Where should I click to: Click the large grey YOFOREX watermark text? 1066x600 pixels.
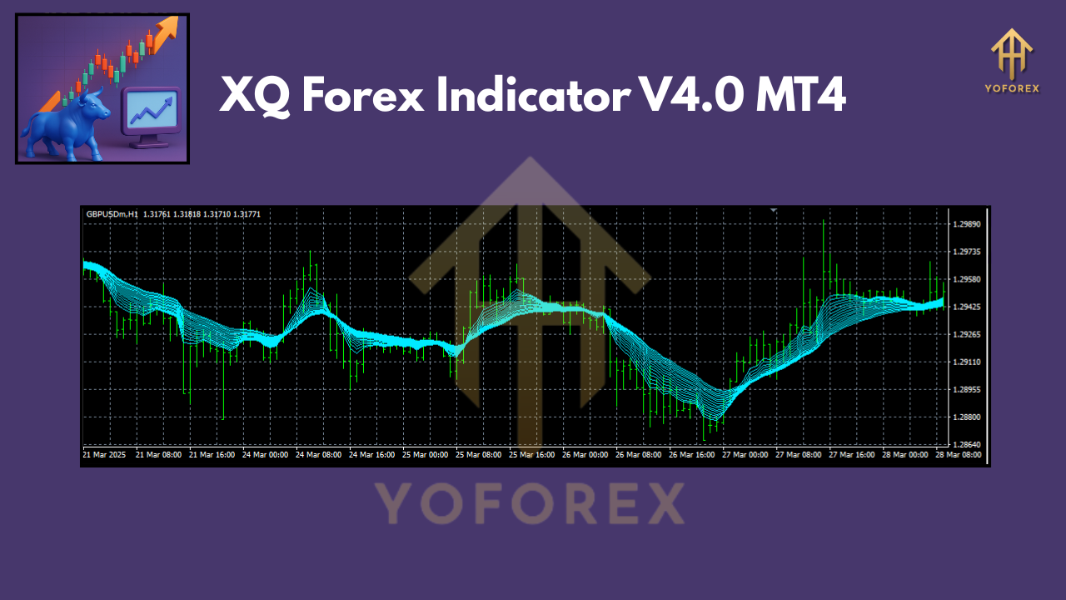[529, 503]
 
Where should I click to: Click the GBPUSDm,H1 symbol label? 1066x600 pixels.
[112, 214]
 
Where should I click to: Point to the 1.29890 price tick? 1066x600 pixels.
[966, 225]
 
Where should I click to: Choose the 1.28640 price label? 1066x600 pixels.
[966, 444]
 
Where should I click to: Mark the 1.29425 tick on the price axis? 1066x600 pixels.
[966, 307]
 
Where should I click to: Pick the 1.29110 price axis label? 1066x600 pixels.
[966, 362]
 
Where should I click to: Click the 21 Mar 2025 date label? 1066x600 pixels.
[103, 456]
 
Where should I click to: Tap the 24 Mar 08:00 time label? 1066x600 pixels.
[319, 456]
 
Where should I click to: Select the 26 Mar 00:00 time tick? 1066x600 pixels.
[586, 456]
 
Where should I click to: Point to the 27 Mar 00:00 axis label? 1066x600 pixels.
[745, 456]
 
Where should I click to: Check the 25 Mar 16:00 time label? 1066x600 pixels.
[533, 456]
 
